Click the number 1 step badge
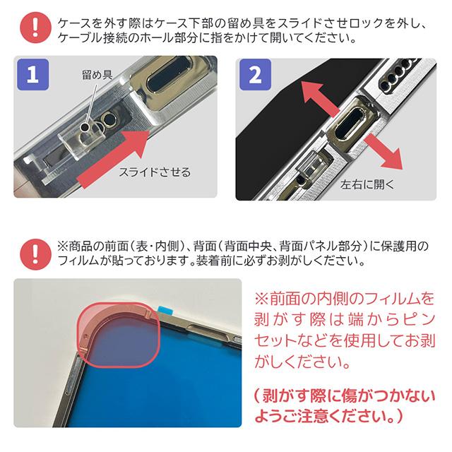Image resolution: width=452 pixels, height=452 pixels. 33,74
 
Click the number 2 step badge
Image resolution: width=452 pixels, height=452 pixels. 256,74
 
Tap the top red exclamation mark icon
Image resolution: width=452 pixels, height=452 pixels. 35,28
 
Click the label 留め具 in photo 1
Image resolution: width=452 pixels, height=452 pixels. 97,75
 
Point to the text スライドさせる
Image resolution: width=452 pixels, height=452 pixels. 155,172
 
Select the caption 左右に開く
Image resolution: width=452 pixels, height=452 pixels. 367,184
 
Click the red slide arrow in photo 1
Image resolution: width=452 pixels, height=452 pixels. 114,159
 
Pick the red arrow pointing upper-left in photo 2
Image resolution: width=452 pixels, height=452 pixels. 319,97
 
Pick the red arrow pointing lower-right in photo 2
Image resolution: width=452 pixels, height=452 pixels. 384,152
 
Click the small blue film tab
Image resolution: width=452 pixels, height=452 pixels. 165,311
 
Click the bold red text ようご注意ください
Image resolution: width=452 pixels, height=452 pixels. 322,416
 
